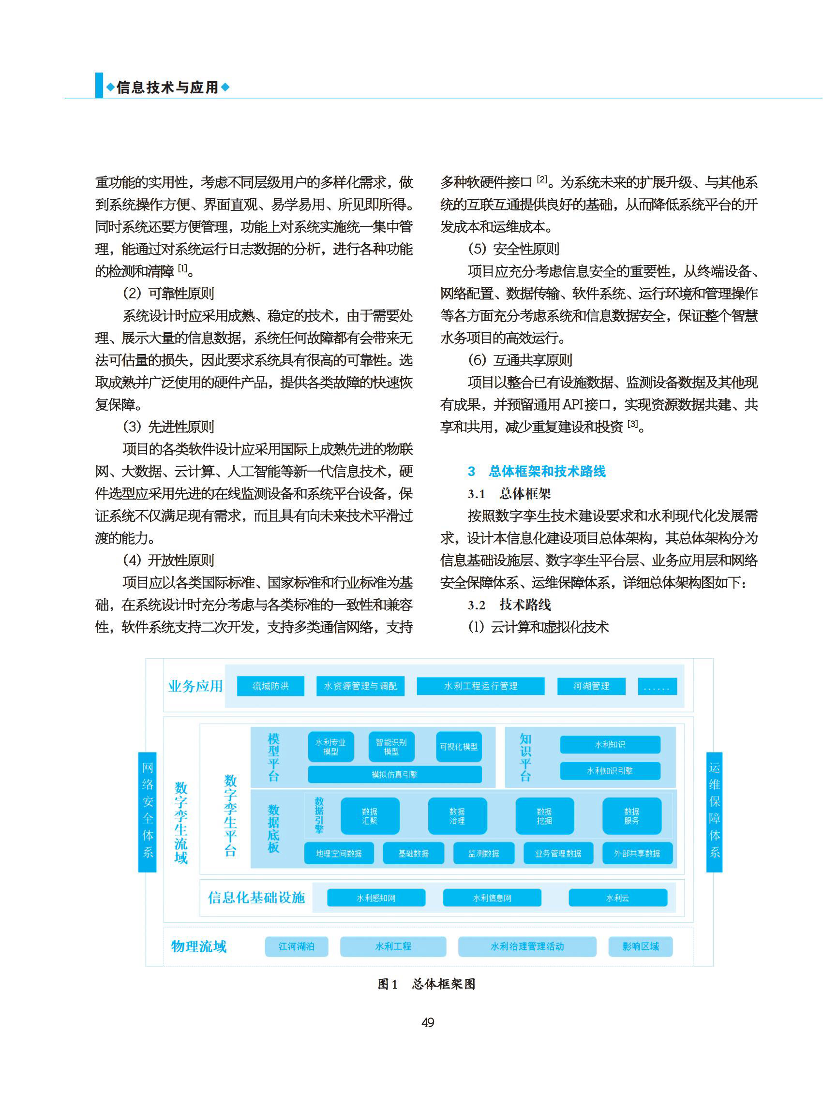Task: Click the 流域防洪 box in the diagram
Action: [270, 686]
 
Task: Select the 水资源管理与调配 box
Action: [360, 686]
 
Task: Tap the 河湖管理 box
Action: [591, 686]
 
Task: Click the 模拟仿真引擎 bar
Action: [394, 774]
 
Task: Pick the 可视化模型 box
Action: [459, 746]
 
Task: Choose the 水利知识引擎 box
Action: [610, 771]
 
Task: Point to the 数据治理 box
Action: [457, 816]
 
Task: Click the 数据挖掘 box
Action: [544, 816]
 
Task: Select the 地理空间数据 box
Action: [339, 854]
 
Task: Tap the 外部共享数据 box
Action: [637, 854]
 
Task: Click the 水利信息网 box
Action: [492, 898]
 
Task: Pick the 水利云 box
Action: [618, 898]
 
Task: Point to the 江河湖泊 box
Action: [297, 946]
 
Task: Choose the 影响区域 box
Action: [640, 946]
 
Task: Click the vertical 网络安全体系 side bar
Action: [148, 812]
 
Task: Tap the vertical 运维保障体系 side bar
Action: [715, 812]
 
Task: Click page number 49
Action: [428, 1022]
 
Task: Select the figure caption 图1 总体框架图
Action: [426, 984]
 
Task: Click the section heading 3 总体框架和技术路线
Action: [537, 471]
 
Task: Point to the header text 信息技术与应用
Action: [167, 88]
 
